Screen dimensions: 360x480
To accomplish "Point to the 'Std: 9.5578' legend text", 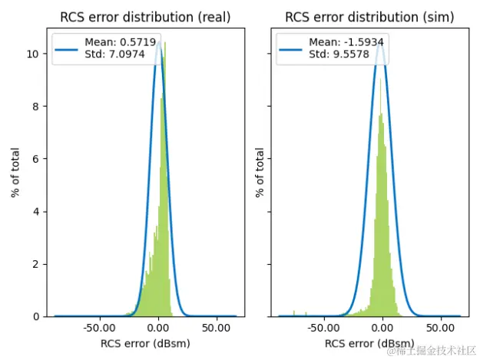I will pyautogui.click(x=334, y=54).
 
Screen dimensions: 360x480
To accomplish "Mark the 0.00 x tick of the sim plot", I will pyautogui.click(x=382, y=328).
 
